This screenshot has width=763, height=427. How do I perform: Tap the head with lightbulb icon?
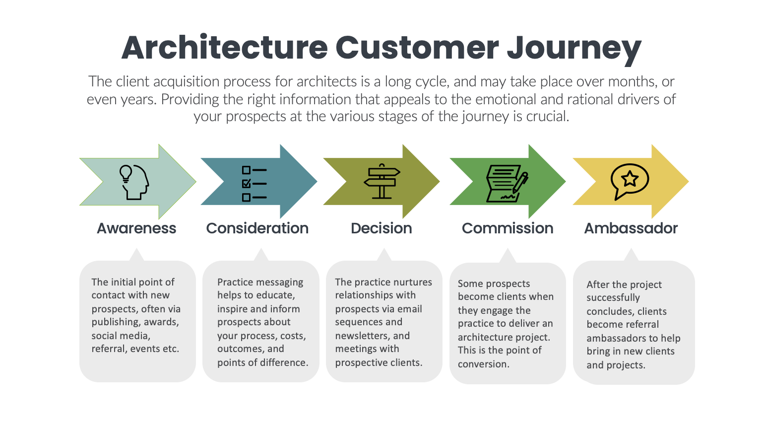click(133, 182)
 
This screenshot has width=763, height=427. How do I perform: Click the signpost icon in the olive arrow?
click(381, 181)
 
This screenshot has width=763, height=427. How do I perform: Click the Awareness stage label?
click(136, 228)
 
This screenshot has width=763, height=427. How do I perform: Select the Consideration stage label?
click(257, 228)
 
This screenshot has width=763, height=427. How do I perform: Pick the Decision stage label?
click(381, 228)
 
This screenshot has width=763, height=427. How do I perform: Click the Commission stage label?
click(507, 228)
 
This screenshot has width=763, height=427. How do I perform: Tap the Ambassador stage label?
click(631, 228)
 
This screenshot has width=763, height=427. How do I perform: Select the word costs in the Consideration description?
click(293, 336)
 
